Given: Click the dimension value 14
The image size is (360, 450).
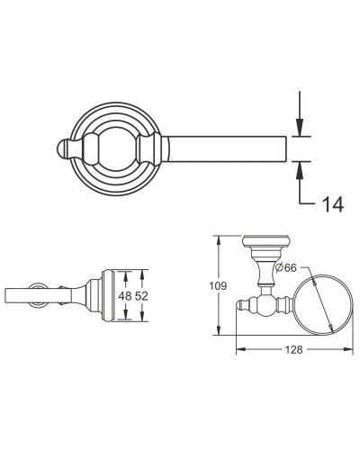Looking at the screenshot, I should (x=332, y=204).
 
